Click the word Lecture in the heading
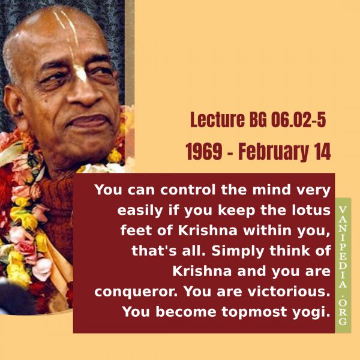point(217,120)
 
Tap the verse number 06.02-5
point(298,120)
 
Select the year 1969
point(203,152)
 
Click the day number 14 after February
point(323,152)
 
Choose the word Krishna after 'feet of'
point(208,230)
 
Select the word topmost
point(254,313)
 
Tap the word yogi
point(309,313)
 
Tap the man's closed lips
point(89,122)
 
